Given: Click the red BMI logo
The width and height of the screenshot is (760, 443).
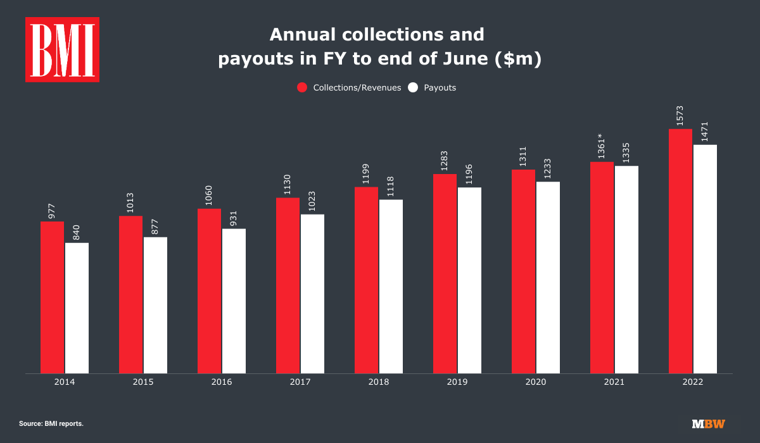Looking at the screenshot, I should point(62,49).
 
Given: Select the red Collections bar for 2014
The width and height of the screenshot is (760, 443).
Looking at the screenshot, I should point(52,297).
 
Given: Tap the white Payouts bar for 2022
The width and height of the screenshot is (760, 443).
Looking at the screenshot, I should point(705,259).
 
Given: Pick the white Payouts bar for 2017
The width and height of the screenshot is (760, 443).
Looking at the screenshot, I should point(312,294).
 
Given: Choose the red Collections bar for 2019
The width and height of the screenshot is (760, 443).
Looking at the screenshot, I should point(445,273).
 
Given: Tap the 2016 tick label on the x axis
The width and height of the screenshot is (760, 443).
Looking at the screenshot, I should point(222,382).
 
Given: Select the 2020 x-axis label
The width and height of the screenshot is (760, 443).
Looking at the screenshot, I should point(536,382).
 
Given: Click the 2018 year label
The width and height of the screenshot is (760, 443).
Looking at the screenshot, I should point(379,382).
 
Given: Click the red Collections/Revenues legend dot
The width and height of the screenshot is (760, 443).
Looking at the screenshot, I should point(302,87).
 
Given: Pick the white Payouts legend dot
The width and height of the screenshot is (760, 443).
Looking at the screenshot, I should point(413,87).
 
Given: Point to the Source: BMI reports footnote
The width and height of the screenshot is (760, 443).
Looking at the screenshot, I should point(51,423).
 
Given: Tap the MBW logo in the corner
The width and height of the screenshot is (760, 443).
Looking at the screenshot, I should point(708,423).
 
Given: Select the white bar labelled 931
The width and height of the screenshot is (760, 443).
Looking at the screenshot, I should point(234,301).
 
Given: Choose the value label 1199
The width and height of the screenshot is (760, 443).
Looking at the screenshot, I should point(366,173).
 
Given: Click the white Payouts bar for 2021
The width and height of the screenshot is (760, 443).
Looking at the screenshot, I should point(626,270).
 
